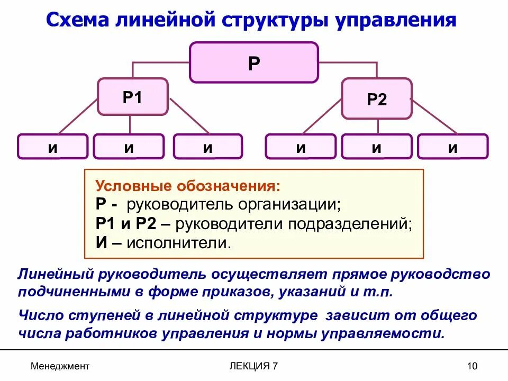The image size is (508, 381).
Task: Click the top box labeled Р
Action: pos(254,62)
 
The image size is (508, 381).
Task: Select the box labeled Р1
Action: pos(132,97)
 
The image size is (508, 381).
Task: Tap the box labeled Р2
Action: pos(377,99)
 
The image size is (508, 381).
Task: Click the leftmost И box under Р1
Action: pos(53,147)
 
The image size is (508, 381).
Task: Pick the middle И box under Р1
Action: pos(129,147)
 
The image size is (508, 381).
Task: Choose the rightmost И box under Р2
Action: pos(452,147)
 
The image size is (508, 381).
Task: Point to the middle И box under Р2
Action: pos(376,147)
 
